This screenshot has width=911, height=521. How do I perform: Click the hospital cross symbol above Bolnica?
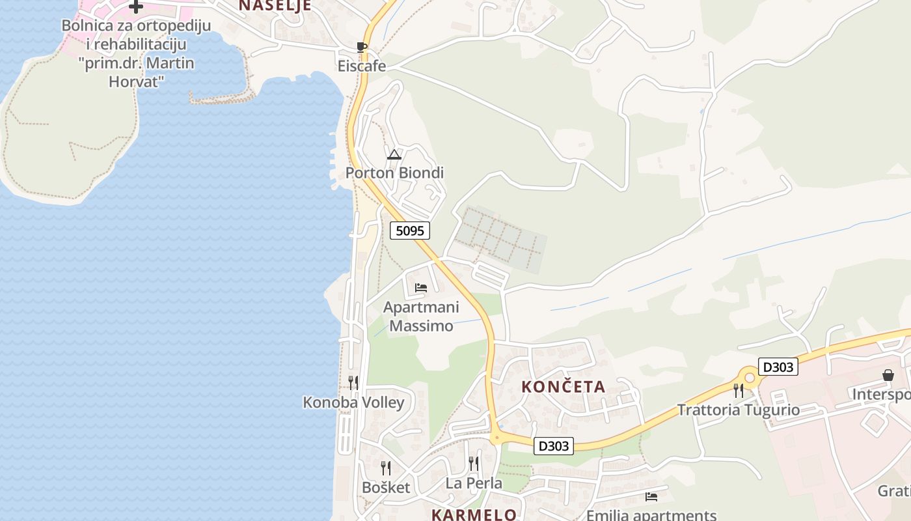(x=136, y=7)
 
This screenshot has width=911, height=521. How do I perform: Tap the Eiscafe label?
(x=361, y=66)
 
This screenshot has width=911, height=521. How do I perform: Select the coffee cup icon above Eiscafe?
(x=362, y=47)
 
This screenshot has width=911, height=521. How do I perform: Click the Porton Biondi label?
(x=394, y=173)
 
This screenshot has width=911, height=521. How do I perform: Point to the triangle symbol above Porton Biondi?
(x=394, y=154)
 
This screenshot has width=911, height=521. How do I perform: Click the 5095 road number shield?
(x=410, y=230)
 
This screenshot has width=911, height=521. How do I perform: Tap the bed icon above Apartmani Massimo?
(x=421, y=287)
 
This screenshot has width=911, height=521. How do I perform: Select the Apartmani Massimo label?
(x=421, y=316)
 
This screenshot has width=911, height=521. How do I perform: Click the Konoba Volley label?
(x=353, y=402)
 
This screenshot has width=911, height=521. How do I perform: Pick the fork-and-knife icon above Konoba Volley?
(x=353, y=382)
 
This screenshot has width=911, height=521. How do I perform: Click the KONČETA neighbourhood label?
(x=564, y=387)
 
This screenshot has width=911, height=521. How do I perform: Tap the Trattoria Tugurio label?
(x=738, y=410)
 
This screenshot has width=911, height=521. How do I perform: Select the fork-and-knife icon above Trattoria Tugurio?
(x=738, y=390)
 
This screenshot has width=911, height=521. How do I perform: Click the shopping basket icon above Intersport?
(x=888, y=375)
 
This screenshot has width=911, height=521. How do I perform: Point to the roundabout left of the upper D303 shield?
(x=749, y=377)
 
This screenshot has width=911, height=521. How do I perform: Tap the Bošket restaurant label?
(x=386, y=487)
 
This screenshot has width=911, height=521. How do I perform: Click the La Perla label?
(x=474, y=483)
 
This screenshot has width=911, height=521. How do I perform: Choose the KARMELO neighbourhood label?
(x=474, y=514)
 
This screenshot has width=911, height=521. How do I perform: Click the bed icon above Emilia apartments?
(x=651, y=497)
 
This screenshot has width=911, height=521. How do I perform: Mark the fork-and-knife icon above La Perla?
(x=474, y=464)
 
